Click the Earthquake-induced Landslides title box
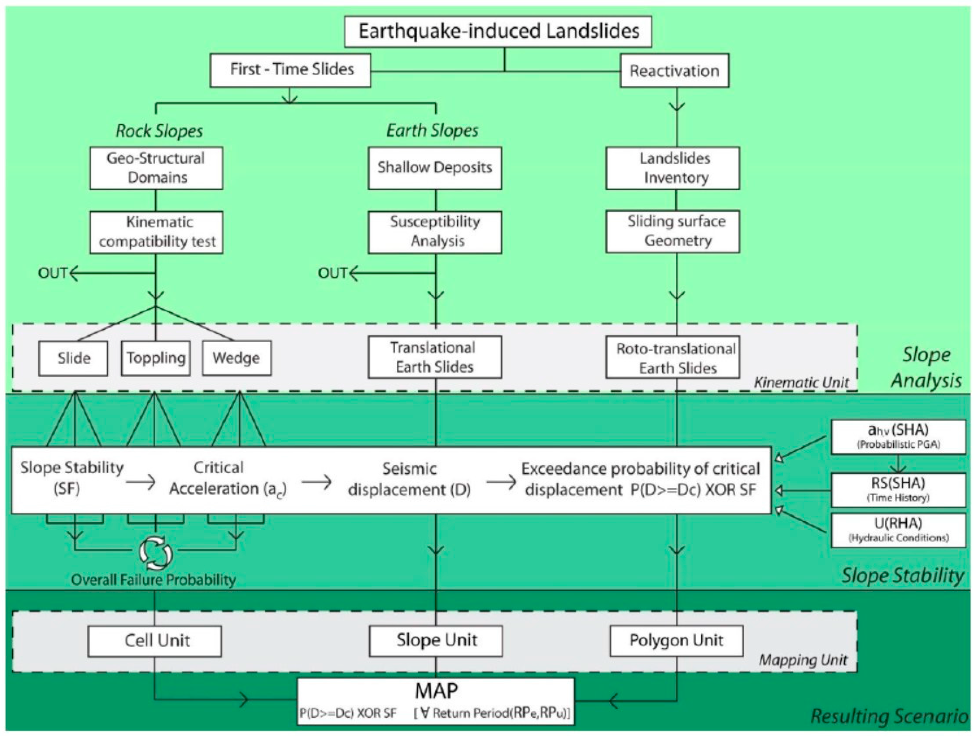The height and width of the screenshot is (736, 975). [498, 31]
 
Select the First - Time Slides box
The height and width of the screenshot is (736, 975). [290, 70]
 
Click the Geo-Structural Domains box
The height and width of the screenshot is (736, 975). [156, 168]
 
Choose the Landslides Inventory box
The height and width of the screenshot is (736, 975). [673, 168]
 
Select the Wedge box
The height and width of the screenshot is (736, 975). [237, 358]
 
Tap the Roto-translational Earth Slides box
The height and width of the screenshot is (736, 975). [673, 358]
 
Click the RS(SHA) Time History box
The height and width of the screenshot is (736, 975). [898, 490]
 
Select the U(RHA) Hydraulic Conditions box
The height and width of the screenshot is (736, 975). [898, 530]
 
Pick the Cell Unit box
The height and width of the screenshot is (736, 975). [155, 641]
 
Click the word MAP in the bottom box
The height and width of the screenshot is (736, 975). [436, 691]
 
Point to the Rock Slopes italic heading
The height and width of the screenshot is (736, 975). [159, 131]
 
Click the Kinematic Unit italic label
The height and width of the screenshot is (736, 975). [801, 383]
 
